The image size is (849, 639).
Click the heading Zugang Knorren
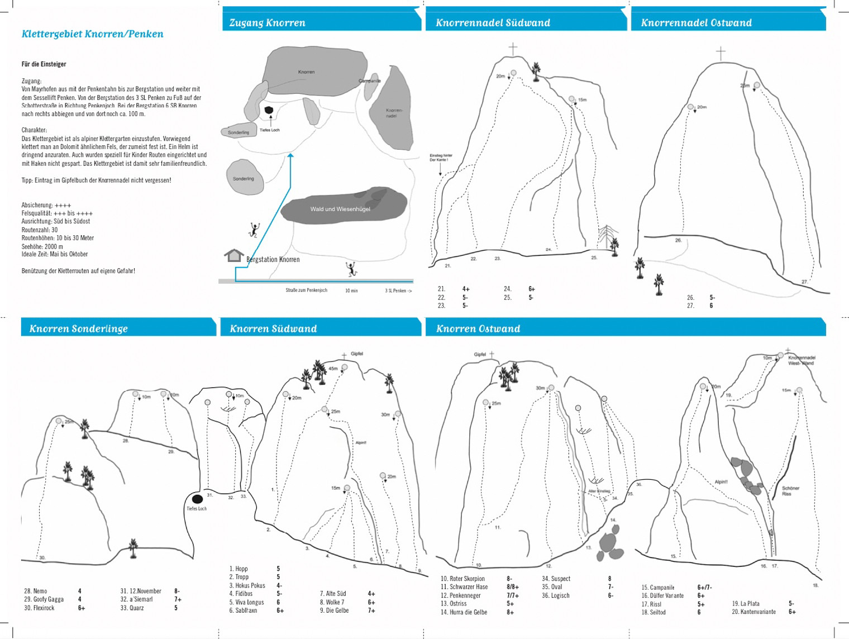[267, 23]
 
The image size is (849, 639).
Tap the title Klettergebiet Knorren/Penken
[92, 34]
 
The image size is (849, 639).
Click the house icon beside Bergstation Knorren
[234, 256]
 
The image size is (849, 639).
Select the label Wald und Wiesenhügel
[340, 209]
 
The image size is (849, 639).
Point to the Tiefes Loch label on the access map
[269, 130]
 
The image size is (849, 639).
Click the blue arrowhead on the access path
[290, 156]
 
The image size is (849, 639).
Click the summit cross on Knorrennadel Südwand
[513, 49]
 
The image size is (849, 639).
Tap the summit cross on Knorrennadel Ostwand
[721, 53]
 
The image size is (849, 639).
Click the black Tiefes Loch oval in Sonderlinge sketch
[197, 499]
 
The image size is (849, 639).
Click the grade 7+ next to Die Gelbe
[371, 611]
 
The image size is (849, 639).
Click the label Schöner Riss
[790, 491]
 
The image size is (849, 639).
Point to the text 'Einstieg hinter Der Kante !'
[441, 158]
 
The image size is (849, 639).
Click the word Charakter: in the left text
[34, 130]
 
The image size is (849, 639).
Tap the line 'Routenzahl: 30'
[40, 230]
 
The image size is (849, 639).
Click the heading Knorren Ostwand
[478, 328]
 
